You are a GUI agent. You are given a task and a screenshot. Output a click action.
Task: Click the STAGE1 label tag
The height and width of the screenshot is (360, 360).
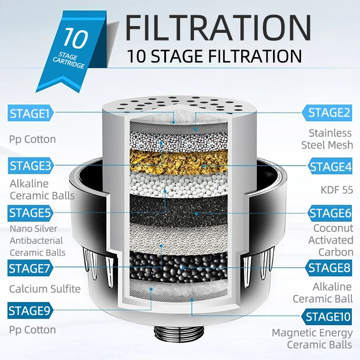(31, 113)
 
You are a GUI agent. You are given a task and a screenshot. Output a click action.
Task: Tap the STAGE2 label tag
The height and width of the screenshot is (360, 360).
(327, 113)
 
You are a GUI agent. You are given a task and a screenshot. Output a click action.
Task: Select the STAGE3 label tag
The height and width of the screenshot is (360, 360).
(31, 166)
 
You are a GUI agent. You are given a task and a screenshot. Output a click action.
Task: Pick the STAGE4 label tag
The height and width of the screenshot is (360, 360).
(330, 166)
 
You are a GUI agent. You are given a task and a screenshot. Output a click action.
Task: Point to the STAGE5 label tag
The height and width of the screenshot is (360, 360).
(30, 213)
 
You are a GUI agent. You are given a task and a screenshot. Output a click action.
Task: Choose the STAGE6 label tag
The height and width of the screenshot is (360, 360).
(330, 213)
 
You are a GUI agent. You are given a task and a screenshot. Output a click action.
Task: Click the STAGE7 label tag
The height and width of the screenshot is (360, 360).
(30, 268)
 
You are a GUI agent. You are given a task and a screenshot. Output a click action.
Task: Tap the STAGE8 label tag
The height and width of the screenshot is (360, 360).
(328, 268)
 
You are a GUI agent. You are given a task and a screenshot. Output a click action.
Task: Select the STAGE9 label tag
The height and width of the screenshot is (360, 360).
(30, 310)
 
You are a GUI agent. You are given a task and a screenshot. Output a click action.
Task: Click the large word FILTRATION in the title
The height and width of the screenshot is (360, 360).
(218, 28)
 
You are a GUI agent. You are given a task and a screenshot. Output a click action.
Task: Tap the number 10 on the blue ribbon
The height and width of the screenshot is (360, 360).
(75, 38)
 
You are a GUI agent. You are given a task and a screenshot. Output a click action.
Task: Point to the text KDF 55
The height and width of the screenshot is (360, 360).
(337, 190)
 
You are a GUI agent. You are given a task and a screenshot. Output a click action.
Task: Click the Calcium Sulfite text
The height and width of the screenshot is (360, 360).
(45, 289)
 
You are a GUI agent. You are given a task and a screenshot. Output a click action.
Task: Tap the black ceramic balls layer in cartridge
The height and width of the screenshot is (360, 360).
(179, 266)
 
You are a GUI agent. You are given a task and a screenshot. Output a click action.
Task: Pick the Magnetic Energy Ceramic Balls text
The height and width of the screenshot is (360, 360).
(312, 339)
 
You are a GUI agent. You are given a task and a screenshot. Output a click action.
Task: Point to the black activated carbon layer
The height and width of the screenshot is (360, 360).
(179, 211)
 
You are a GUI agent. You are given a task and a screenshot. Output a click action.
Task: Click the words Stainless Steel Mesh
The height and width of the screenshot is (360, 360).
(327, 139)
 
